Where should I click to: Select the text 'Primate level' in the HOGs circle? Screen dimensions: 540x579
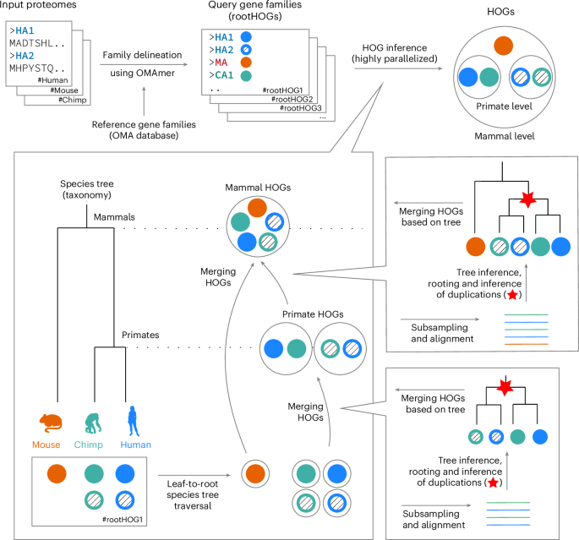tap(499, 107)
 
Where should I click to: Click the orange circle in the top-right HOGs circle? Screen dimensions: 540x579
tap(502, 46)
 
